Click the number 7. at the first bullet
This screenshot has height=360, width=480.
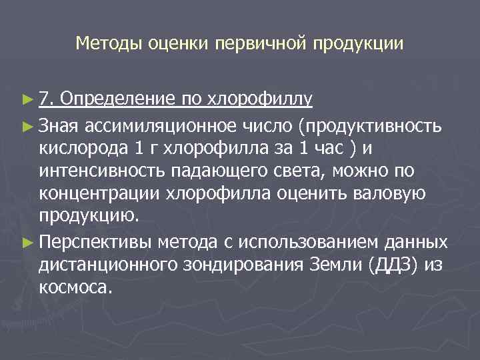click(46, 100)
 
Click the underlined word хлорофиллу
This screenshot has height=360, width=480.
click(261, 100)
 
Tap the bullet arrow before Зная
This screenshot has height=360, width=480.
click(27, 125)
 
